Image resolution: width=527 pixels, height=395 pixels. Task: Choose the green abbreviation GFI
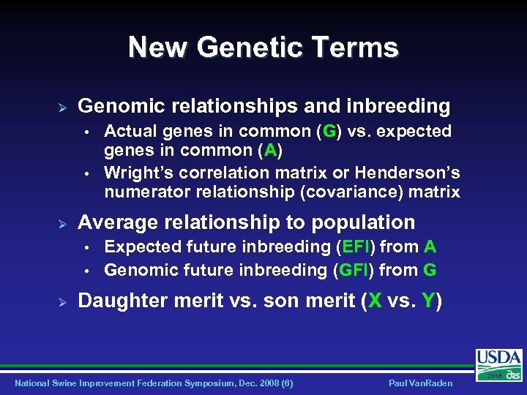click(x=354, y=270)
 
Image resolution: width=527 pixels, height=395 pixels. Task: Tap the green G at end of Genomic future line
click(x=430, y=270)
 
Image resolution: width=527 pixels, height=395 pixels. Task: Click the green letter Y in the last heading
click(x=428, y=301)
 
